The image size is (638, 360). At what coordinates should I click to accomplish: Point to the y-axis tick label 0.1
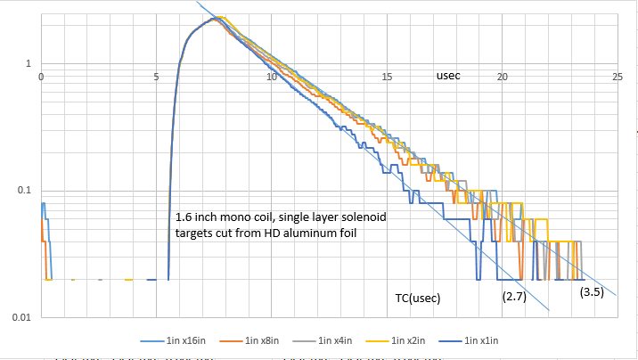[24, 191]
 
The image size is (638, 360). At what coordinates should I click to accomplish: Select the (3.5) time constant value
[592, 291]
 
